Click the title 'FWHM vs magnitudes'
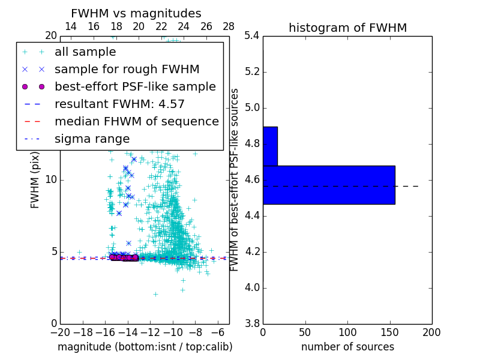click(136, 14)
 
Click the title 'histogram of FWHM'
click(347, 28)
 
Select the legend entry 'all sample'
click(85, 52)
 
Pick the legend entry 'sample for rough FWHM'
click(127, 70)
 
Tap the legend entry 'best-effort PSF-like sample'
click(135, 87)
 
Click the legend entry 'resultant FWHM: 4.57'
click(119, 104)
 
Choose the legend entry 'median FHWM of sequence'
click(136, 122)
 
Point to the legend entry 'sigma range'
click(92, 139)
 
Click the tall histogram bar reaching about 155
click(329, 185)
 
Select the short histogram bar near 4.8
click(270, 146)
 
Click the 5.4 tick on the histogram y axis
click(251, 36)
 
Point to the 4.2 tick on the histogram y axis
click(251, 251)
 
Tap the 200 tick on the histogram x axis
click(431, 332)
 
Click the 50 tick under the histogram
click(305, 332)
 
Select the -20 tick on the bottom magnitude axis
click(60, 332)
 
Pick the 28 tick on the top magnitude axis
click(229, 26)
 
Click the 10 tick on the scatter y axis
click(51, 180)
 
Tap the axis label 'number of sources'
click(347, 347)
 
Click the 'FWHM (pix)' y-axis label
click(35, 180)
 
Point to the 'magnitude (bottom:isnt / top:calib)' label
click(145, 347)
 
